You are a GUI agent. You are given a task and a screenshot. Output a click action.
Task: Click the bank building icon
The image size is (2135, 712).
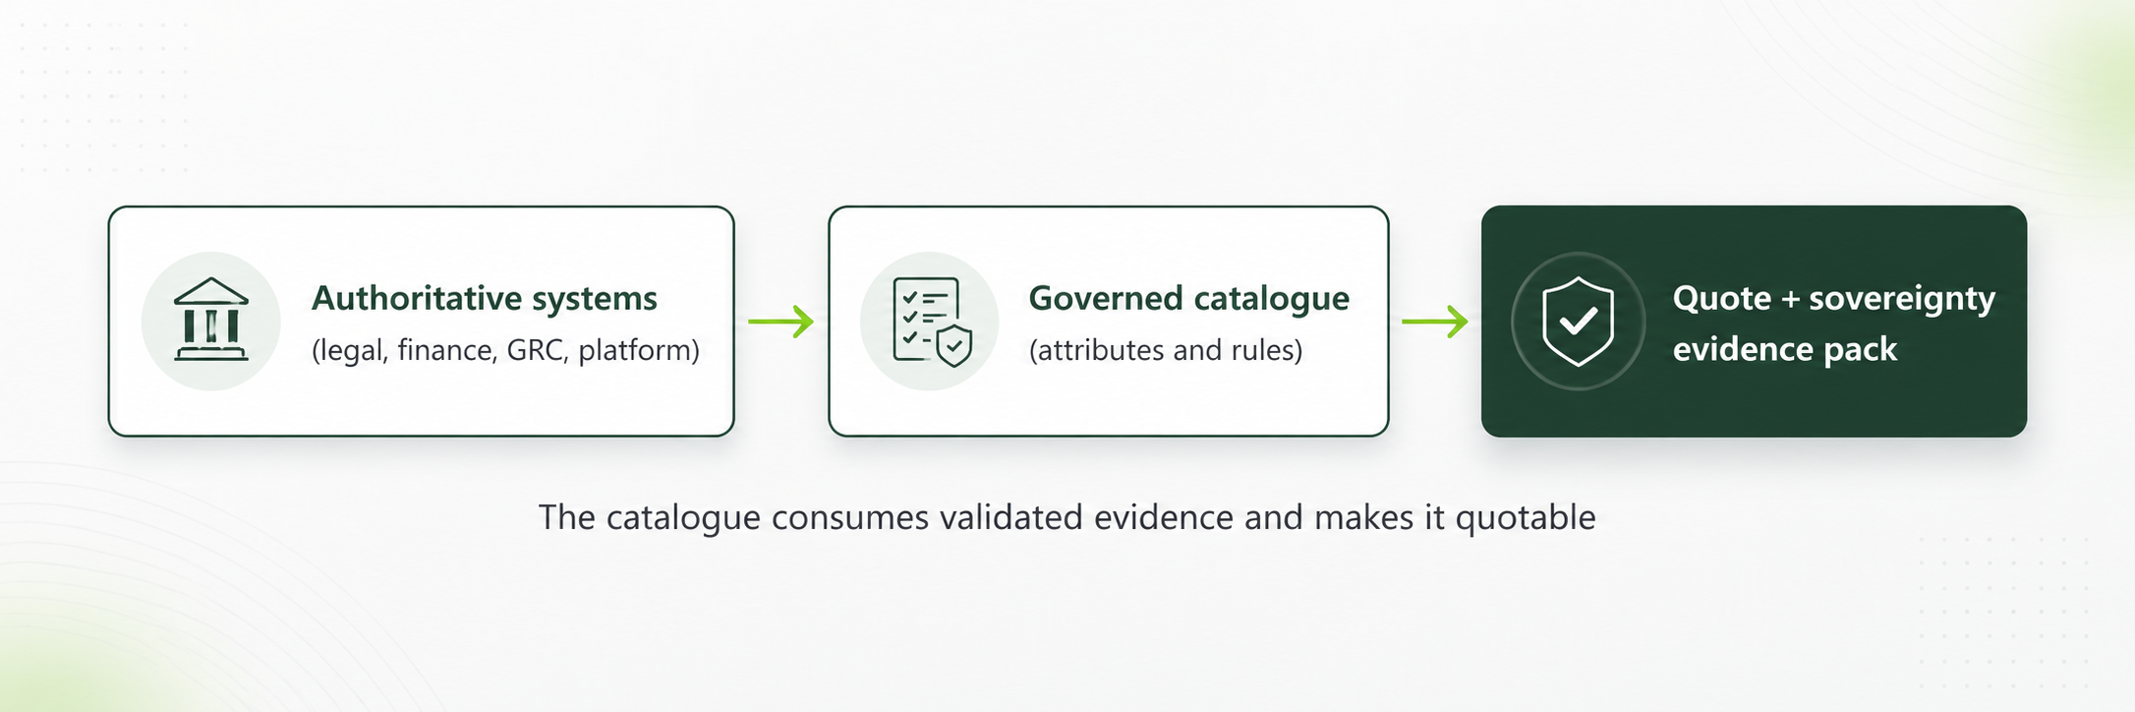211,320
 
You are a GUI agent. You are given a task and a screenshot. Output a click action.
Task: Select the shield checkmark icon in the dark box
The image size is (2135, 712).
1578,322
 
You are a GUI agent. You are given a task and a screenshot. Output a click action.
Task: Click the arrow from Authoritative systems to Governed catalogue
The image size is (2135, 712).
780,322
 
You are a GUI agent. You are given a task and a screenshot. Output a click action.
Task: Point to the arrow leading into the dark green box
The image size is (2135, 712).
1435,322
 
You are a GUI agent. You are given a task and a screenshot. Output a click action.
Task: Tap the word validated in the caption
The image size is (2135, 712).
1011,517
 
